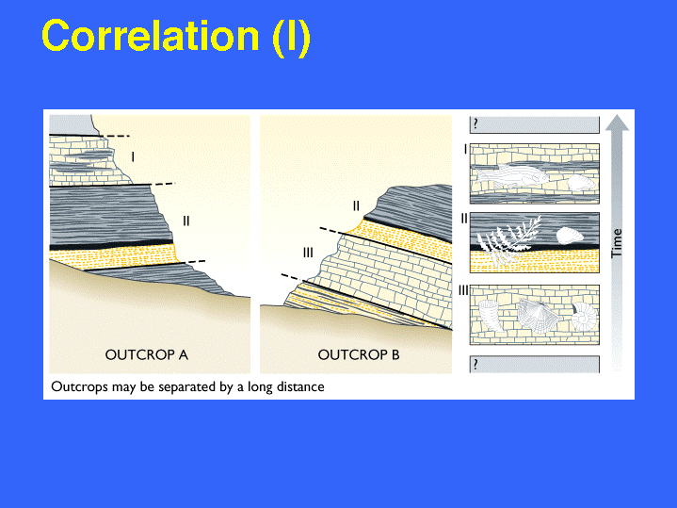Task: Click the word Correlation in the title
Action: pyautogui.click(x=151, y=36)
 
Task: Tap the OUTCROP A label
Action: pyautogui.click(x=147, y=355)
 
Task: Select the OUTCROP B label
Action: pyautogui.click(x=359, y=355)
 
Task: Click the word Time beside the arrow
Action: pyautogui.click(x=617, y=243)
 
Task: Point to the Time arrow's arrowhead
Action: pyautogui.click(x=617, y=123)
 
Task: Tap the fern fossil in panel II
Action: pyautogui.click(x=509, y=241)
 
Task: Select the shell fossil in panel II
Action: pyautogui.click(x=570, y=236)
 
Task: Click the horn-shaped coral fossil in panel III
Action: pyautogui.click(x=490, y=316)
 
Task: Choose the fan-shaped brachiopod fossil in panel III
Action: pyautogui.click(x=539, y=315)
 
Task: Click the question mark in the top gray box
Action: pyautogui.click(x=476, y=124)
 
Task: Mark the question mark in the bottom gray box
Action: pyautogui.click(x=476, y=365)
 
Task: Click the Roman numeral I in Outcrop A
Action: pyautogui.click(x=133, y=156)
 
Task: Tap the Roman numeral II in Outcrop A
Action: pyautogui.click(x=186, y=221)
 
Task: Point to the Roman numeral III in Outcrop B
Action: pyautogui.click(x=308, y=253)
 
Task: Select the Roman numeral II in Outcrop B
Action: pyautogui.click(x=356, y=206)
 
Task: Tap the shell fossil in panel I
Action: pyautogui.click(x=581, y=183)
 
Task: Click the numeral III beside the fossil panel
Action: pyautogui.click(x=463, y=290)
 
